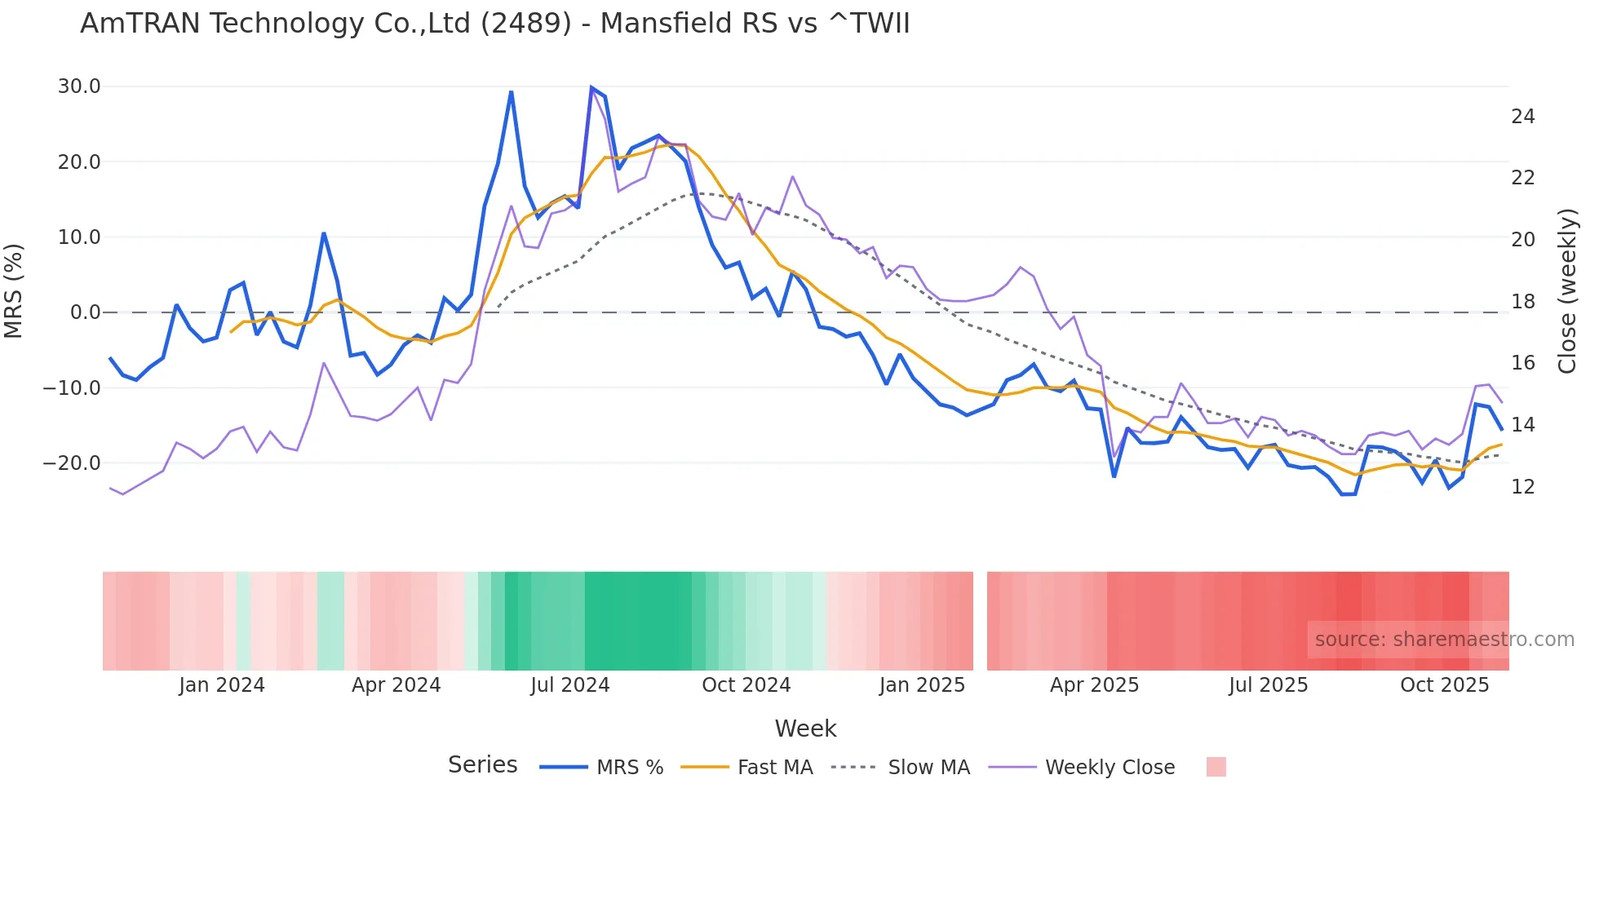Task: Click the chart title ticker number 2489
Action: point(525,24)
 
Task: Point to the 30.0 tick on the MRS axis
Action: point(79,86)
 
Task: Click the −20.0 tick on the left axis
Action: point(72,463)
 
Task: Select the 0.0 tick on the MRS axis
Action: point(85,312)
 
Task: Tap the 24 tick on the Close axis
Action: point(1522,117)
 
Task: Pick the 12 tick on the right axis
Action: point(1522,487)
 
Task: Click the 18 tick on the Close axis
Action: point(1522,302)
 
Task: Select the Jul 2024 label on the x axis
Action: point(569,685)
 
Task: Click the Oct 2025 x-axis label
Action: point(1444,685)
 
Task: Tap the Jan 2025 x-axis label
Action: point(922,685)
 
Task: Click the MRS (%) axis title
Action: point(14,290)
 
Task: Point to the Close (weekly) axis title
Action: point(1567,291)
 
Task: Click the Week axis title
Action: point(805,728)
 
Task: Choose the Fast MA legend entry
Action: point(774,768)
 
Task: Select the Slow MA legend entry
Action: point(928,768)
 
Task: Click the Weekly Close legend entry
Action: point(1110,768)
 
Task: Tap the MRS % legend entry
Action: point(629,768)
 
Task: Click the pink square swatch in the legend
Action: point(1216,767)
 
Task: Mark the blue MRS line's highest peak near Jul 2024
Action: point(591,87)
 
